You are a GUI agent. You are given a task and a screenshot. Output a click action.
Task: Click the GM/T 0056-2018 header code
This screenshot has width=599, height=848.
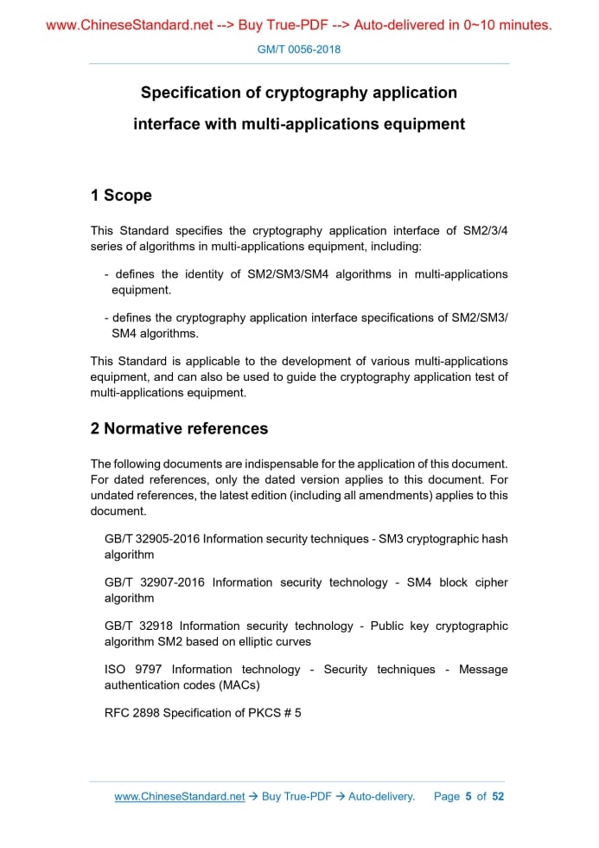click(x=299, y=49)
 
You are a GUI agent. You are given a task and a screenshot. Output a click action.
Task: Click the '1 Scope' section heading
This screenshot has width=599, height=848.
click(x=121, y=196)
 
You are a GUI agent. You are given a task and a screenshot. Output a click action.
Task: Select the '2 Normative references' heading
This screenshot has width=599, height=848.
click(x=179, y=428)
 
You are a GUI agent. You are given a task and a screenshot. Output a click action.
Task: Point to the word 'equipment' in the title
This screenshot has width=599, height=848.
click(x=421, y=124)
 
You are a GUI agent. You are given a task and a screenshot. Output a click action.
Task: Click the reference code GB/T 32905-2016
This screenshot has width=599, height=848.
click(x=152, y=539)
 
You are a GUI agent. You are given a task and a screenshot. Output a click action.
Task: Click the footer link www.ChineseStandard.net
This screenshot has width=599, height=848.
click(x=180, y=796)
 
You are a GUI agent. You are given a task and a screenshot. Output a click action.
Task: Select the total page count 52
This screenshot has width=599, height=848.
click(x=498, y=796)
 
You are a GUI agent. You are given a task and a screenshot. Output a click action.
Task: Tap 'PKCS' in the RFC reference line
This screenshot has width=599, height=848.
click(x=263, y=712)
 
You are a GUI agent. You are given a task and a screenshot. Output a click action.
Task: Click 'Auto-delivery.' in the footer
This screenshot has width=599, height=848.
click(x=381, y=796)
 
